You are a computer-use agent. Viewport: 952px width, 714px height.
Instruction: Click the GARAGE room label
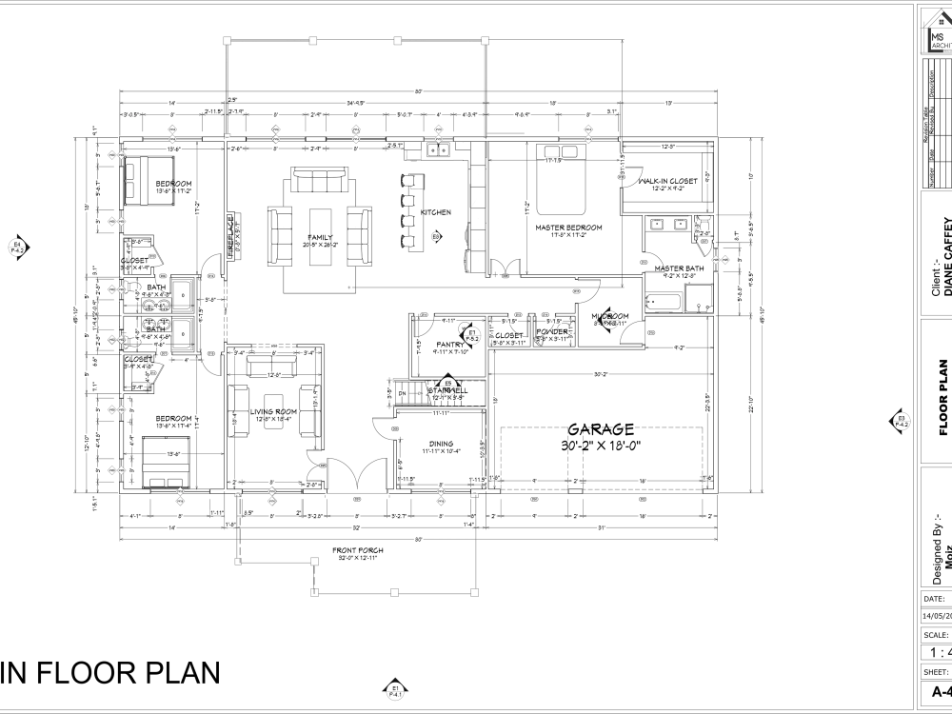click(601, 430)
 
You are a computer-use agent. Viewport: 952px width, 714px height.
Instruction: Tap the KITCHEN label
click(436, 212)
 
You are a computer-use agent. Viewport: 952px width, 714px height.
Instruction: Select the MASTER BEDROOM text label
click(568, 228)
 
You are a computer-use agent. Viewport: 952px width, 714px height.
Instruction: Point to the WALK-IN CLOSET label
click(667, 180)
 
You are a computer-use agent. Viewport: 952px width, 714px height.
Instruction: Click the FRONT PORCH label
click(357, 551)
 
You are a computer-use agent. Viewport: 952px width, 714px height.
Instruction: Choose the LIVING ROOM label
click(273, 411)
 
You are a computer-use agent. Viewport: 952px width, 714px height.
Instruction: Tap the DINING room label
click(440, 443)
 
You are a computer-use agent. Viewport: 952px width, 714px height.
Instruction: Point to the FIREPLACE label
click(229, 233)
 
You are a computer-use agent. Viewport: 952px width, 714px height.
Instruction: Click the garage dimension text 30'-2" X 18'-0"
click(601, 446)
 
